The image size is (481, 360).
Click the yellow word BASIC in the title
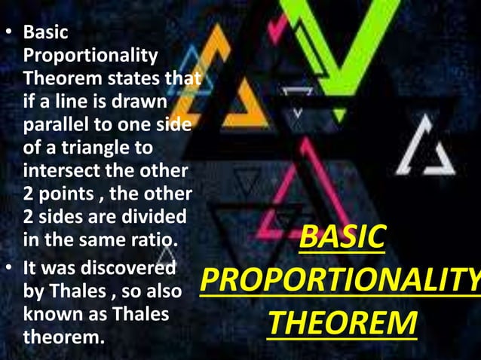pos(342,239)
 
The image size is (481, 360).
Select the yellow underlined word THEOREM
pos(342,322)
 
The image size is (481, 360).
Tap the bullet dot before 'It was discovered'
pos(11,269)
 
